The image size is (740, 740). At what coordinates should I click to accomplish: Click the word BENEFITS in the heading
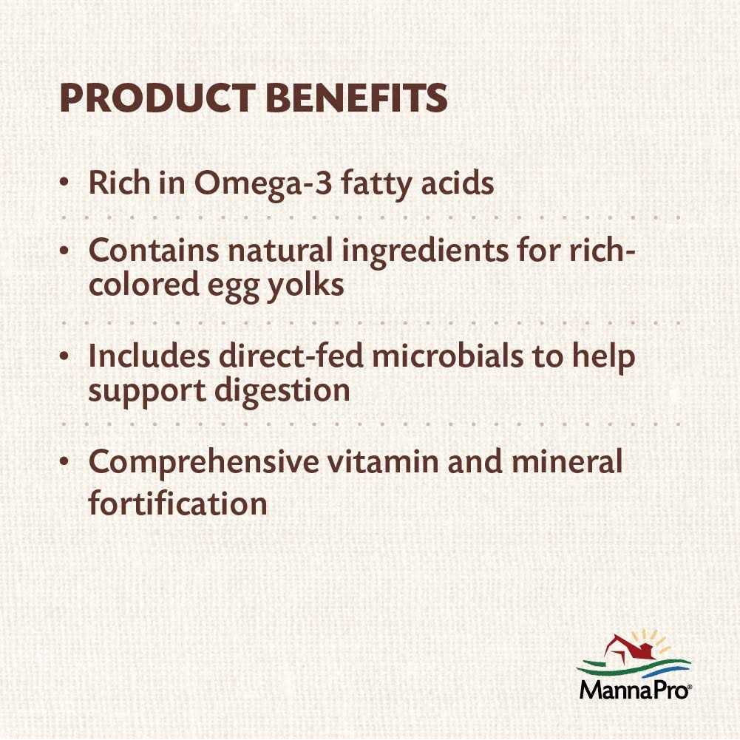tap(356, 98)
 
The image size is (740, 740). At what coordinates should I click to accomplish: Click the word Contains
tap(153, 251)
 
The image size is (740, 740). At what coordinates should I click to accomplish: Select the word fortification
tap(177, 503)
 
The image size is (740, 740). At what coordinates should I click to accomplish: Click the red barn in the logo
tap(627, 648)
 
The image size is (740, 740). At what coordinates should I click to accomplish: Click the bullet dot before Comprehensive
tap(65, 463)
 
